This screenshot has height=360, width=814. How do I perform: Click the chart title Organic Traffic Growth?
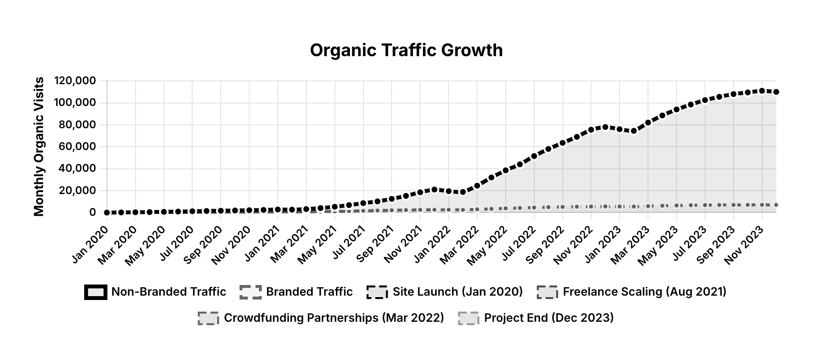coord(406,50)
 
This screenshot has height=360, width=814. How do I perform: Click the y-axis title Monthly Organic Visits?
coord(39,146)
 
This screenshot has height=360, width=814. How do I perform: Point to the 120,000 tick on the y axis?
coord(75,81)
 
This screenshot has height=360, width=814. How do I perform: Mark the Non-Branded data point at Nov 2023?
coord(762,91)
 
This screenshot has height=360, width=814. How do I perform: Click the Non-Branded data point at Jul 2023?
coord(705,100)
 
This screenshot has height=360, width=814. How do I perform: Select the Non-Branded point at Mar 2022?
coord(477,186)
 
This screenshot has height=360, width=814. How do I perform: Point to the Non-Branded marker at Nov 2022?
coord(591,130)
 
